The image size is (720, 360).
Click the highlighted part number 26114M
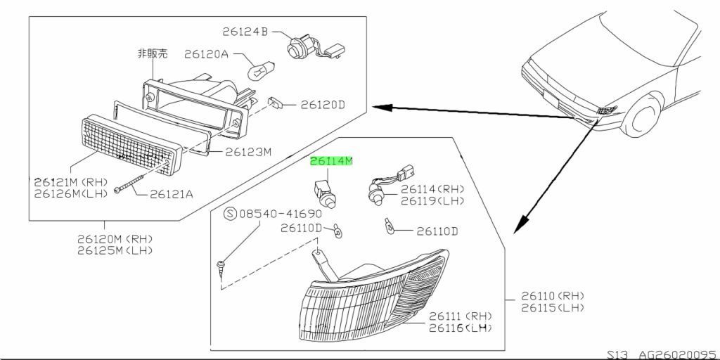[332, 162]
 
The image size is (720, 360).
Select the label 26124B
[245, 32]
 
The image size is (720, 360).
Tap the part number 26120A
[206, 54]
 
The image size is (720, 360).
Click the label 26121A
[171, 194]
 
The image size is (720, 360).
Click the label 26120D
[323, 105]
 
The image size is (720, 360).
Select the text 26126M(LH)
[71, 194]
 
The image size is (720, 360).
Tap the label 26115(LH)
[553, 308]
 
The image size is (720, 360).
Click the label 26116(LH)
[461, 328]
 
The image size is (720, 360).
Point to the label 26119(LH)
[432, 200]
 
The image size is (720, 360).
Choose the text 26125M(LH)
[114, 250]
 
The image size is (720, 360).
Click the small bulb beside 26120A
[261, 70]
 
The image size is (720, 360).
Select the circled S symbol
[231, 214]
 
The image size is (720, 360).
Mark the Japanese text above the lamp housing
[153, 53]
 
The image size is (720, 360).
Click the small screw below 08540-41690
[221, 268]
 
